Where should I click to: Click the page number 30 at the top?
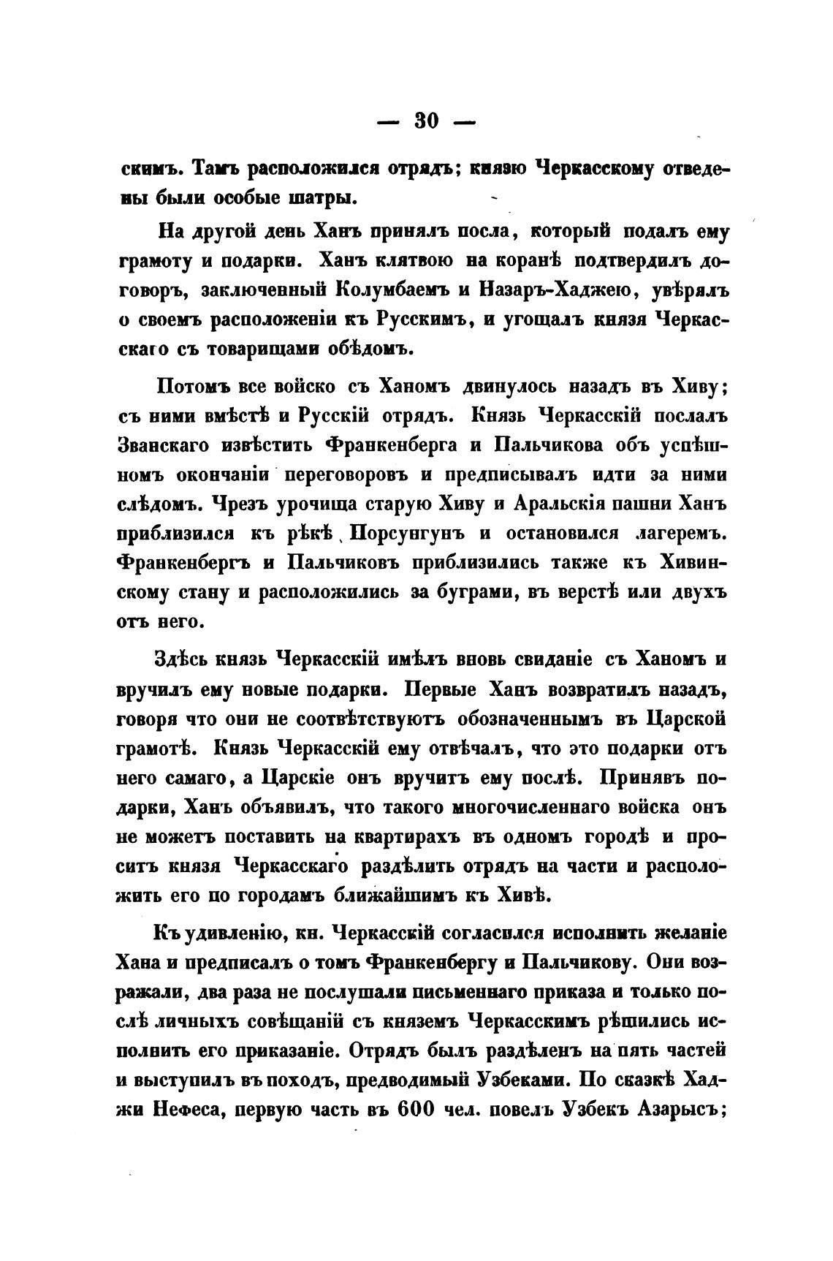426,121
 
